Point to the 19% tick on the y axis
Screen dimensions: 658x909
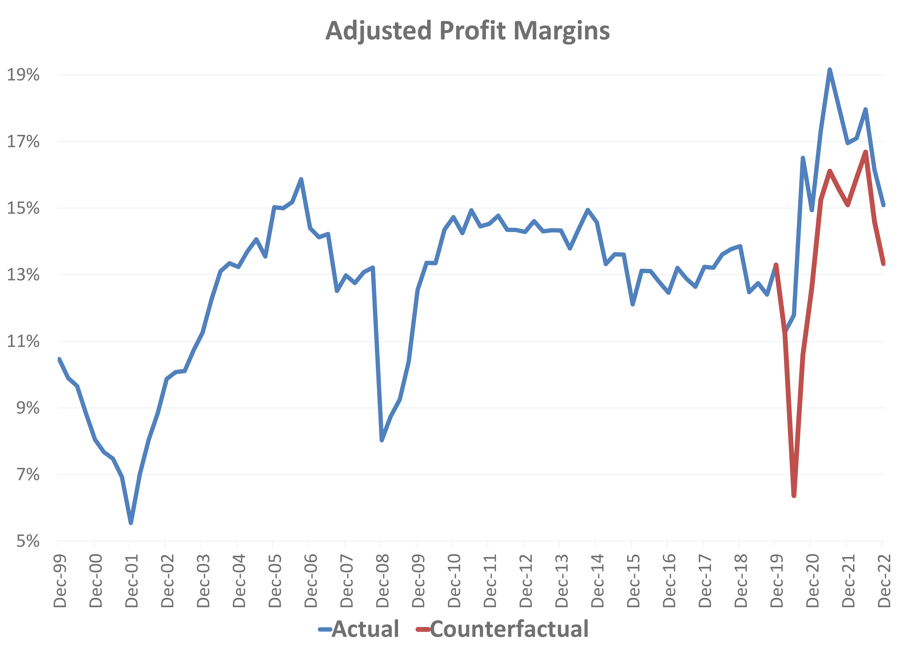point(23,75)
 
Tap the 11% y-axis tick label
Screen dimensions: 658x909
point(23,341)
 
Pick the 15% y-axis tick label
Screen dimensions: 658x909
point(23,208)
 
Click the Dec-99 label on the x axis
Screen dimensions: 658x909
point(60,581)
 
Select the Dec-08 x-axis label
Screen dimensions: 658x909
point(383,581)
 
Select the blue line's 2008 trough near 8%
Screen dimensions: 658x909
point(382,440)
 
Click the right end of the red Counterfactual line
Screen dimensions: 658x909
point(883,263)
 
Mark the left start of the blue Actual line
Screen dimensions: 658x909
point(59,359)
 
